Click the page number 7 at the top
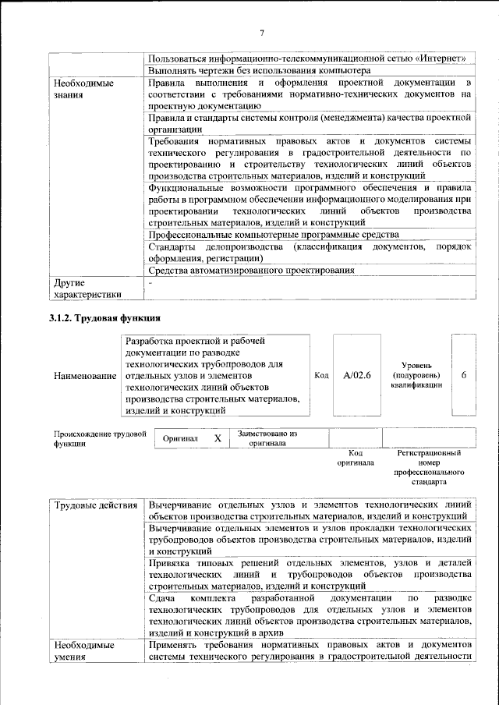pyautogui.click(x=262, y=32)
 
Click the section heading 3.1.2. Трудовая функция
pyautogui.click(x=105, y=318)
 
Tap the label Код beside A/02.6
pyautogui.click(x=320, y=375)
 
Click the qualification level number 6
pyautogui.click(x=464, y=375)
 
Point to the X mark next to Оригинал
pyautogui.click(x=218, y=438)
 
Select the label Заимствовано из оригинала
pyautogui.click(x=267, y=438)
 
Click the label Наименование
pyautogui.click(x=85, y=376)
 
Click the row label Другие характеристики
pyautogui.click(x=86, y=289)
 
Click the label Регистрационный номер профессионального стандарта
pyautogui.click(x=428, y=467)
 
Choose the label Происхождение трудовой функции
pyautogui.click(x=100, y=439)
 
